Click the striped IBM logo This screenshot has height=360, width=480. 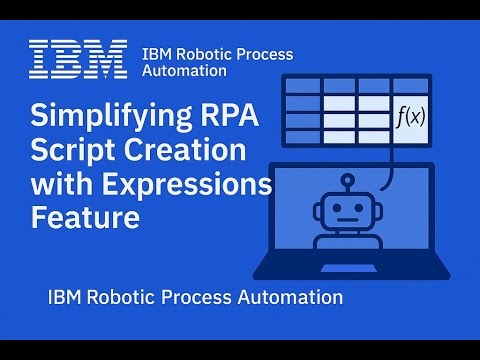point(79,59)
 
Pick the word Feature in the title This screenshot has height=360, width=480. point(84,217)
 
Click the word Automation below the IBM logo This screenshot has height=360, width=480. point(184,71)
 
